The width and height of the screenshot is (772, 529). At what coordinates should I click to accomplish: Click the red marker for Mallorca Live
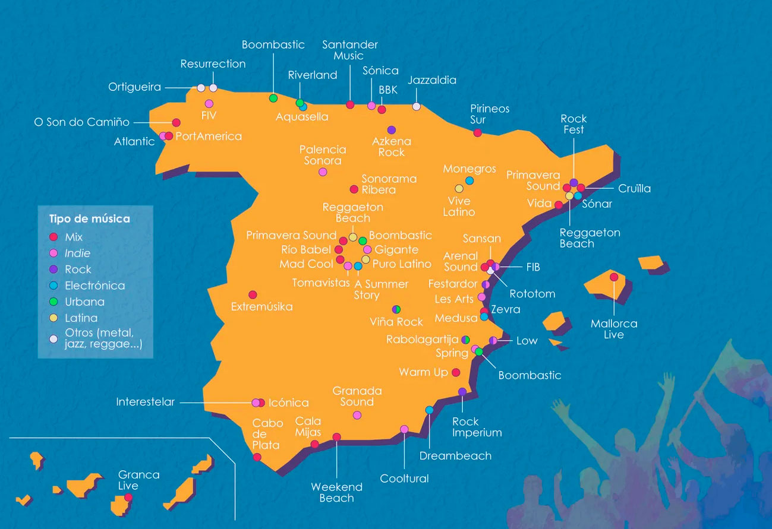point(614,277)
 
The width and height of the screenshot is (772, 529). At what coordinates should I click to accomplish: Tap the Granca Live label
point(138,480)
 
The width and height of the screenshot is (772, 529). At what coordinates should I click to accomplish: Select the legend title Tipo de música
point(89,219)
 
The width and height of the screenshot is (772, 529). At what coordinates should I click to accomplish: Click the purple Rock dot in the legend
point(53,270)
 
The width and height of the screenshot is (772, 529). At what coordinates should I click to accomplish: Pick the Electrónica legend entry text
point(95,286)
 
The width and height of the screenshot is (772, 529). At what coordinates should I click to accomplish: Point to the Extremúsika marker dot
point(253,294)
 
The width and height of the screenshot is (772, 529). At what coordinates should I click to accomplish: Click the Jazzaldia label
point(432,80)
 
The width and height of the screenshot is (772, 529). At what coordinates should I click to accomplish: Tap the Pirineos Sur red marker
point(477,132)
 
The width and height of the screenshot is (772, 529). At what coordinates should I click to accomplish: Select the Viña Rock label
point(396,322)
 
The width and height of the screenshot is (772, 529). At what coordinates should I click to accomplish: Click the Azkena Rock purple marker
point(391,129)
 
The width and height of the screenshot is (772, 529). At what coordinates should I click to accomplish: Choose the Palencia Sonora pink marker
point(323,172)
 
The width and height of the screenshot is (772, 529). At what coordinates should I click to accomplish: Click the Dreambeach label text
point(455,456)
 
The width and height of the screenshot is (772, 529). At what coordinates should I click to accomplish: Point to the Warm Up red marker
point(456,372)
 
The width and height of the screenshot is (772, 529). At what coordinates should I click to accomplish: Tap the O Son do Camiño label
point(82,122)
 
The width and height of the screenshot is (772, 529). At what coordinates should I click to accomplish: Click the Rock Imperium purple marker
point(462,391)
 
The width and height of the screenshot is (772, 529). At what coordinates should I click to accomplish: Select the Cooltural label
point(404,479)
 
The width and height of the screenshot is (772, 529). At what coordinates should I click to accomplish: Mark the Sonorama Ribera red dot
point(354,189)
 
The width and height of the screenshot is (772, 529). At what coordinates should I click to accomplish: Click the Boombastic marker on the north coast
point(273,98)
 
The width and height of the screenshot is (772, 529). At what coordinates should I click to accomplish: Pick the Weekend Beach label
point(336,493)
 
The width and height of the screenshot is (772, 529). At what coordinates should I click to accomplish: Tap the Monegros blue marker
point(469,180)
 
